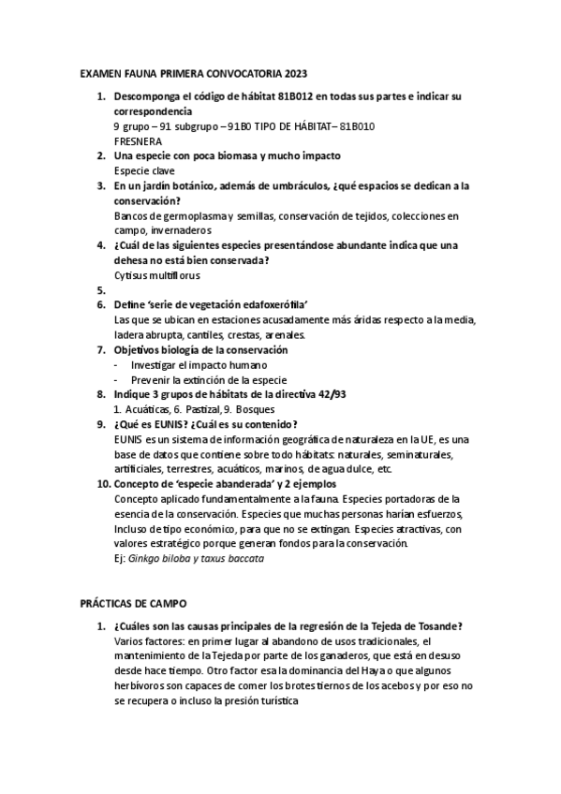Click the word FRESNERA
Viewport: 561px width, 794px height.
[137, 140]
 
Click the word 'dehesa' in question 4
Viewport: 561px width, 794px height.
[133, 260]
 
